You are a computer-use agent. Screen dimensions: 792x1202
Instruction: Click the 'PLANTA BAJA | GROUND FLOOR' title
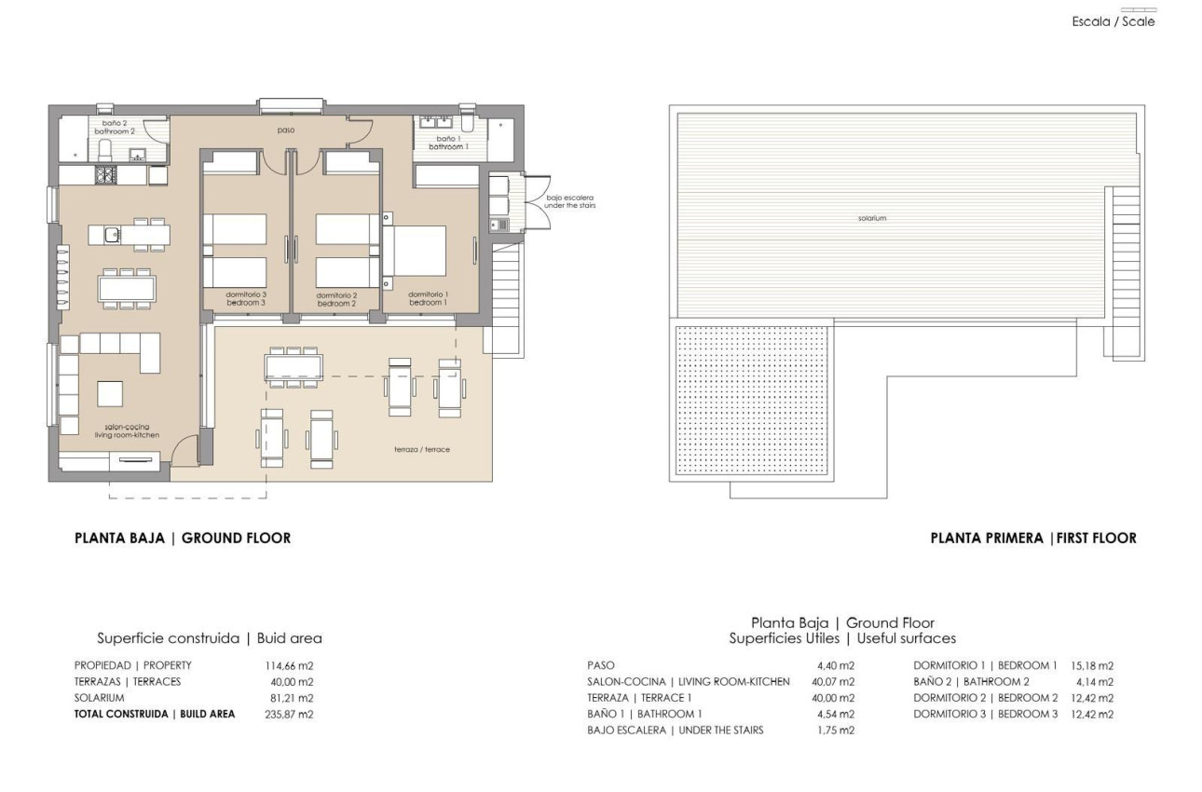click(183, 538)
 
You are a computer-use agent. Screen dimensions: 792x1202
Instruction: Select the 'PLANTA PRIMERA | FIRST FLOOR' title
click(1033, 538)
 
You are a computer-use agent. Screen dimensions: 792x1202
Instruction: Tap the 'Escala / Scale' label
click(1113, 21)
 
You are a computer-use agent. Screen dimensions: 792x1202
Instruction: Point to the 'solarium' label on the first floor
click(872, 218)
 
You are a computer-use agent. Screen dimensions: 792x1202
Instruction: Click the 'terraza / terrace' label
click(422, 449)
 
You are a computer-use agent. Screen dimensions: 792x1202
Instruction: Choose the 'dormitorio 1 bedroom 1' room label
click(428, 299)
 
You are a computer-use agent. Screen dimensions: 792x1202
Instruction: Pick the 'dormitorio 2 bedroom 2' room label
click(336, 299)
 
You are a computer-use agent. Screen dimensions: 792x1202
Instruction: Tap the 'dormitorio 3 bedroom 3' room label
click(246, 299)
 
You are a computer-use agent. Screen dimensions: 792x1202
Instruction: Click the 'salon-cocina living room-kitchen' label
click(127, 430)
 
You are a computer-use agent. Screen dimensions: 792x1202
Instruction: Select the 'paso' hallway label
click(285, 130)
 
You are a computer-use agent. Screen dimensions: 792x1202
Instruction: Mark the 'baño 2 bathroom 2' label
click(116, 128)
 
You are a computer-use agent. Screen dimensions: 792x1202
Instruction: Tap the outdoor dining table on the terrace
click(294, 366)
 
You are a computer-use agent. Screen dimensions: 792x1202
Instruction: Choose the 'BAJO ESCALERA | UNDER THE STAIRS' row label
click(676, 730)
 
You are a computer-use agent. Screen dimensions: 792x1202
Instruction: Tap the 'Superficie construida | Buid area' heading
click(210, 638)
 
